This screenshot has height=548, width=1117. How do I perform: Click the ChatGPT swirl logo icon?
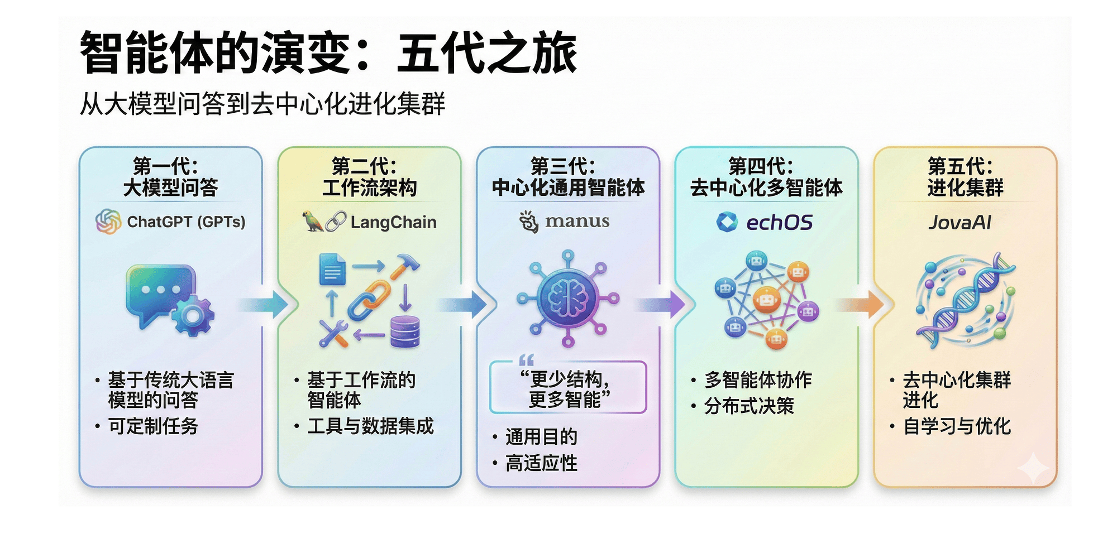coord(108,222)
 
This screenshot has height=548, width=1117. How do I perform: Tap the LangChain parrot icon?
coord(312,222)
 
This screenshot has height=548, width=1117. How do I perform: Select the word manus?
coord(577,221)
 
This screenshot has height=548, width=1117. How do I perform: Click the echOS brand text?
coord(779,223)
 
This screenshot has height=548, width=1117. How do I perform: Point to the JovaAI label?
coord(960,223)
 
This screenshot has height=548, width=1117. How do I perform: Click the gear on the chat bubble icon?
coord(193,316)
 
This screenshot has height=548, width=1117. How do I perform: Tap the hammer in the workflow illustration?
coord(405,266)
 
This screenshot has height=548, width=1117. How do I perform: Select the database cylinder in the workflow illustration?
coord(405,331)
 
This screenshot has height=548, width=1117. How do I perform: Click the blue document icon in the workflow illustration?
coord(332,270)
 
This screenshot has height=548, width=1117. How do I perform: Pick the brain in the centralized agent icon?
coord(568,298)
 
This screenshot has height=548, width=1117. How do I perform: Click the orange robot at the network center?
coord(767,300)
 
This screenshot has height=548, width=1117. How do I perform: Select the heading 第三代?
coord(562,166)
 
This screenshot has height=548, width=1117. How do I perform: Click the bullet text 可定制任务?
coord(153,426)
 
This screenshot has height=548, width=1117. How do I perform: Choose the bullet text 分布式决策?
coord(749,406)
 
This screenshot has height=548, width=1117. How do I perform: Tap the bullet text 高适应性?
coord(541,463)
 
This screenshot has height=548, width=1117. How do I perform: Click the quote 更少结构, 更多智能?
coord(567,389)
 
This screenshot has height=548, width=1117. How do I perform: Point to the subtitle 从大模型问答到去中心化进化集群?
coord(262,104)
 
